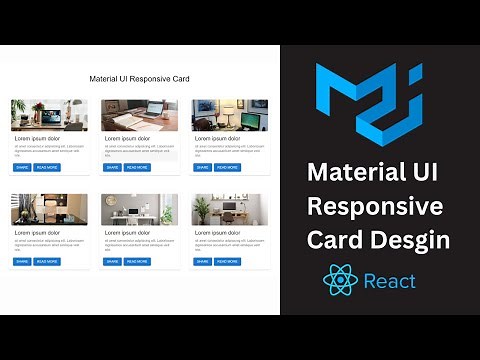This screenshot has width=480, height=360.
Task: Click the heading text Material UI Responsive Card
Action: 140,78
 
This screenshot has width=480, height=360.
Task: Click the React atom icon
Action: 340,279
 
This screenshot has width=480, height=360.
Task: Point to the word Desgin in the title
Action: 410,240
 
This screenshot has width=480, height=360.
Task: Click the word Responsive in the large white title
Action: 375,207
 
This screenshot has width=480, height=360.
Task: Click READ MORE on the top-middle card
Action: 137,167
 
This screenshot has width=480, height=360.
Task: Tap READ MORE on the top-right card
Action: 226,167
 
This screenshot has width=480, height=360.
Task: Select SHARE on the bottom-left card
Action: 21,261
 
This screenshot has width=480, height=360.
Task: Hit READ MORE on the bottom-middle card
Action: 137,261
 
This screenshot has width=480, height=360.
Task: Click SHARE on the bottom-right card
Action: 201,261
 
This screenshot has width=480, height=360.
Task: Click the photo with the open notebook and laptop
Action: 140,115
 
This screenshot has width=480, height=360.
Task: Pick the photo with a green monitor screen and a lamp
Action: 229,115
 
